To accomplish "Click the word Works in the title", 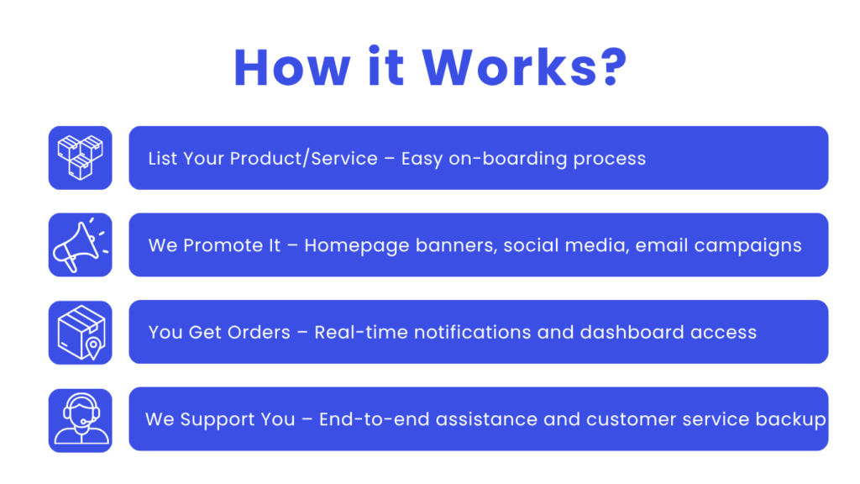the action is (510, 67).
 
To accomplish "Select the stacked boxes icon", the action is (80, 157).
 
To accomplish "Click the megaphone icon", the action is (80, 245).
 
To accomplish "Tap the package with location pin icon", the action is (81, 333).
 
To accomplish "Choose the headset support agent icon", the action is (81, 420).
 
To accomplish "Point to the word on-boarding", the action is (508, 159).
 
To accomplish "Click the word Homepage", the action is (356, 246).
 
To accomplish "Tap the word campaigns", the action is (748, 246).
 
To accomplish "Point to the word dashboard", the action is (630, 332).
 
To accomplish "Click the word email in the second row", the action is (662, 245).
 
